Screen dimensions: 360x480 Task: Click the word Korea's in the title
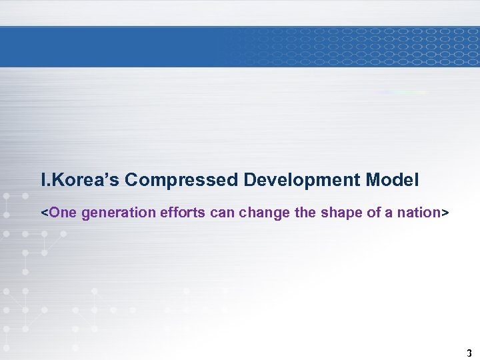[83, 180]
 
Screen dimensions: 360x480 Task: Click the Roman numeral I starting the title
[43, 180]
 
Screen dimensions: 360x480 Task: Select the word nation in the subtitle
[414, 213]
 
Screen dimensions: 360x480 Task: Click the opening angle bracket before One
[45, 213]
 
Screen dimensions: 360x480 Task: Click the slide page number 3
[469, 353]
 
